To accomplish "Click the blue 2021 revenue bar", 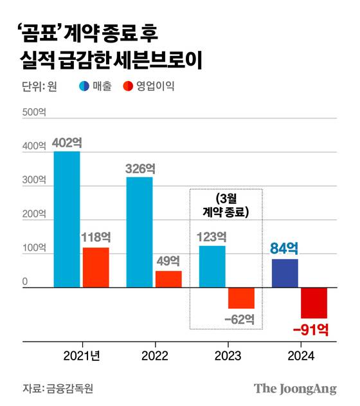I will [67, 219].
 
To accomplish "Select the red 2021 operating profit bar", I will [94, 267].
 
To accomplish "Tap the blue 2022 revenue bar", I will [139, 232].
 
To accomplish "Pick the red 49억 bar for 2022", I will [168, 279].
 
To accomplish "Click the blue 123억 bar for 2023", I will [212, 266].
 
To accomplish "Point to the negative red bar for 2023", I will [241, 298].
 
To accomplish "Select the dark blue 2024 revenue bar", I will [285, 273].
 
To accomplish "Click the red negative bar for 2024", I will [314, 302].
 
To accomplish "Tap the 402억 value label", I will [67, 142].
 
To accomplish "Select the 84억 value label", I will [285, 248].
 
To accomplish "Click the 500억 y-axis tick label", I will [35, 112].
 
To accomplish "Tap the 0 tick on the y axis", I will [26, 282].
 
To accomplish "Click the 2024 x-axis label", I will [300, 356].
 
